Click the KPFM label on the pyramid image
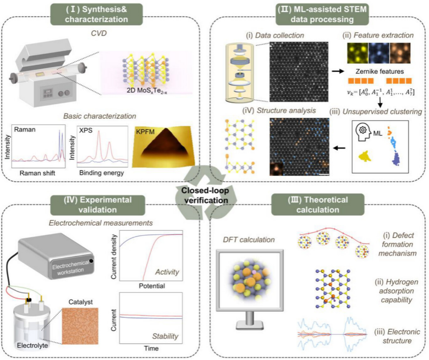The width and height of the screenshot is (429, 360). [145, 132]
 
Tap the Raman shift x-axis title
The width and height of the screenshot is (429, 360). [37, 173]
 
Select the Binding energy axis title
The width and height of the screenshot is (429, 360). [102, 173]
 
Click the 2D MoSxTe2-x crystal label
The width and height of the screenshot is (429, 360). [147, 91]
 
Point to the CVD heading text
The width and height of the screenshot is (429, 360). [99, 33]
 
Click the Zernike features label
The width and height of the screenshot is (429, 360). [379, 71]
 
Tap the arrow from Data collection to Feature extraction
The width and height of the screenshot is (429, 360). [338, 71]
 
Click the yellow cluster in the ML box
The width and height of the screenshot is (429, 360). [365, 156]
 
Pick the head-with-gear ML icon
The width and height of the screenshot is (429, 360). [363, 132]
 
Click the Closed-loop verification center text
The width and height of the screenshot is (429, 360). [205, 195]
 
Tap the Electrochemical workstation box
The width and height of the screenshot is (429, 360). [56, 256]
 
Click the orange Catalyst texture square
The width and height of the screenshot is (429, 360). [80, 326]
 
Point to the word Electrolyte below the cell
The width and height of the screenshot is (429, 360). [32, 346]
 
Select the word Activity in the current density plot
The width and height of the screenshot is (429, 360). [167, 272]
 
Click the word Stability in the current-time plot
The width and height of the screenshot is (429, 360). [165, 336]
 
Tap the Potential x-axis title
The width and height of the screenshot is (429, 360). [152, 286]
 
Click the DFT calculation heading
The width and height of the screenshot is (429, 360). [249, 240]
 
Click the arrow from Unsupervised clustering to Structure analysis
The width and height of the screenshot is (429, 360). [339, 148]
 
